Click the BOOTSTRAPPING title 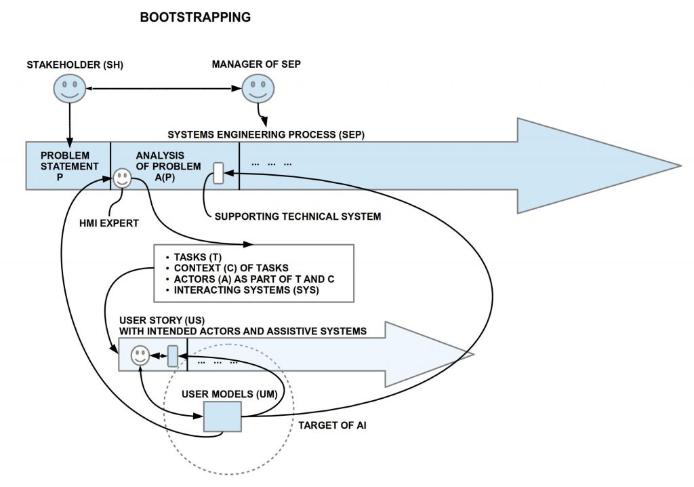tap(195, 18)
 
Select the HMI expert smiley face tap(122, 178)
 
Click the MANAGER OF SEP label tap(256, 64)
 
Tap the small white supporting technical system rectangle tap(218, 173)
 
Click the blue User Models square tap(222, 416)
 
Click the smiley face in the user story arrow tap(140, 355)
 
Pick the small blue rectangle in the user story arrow tap(172, 355)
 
